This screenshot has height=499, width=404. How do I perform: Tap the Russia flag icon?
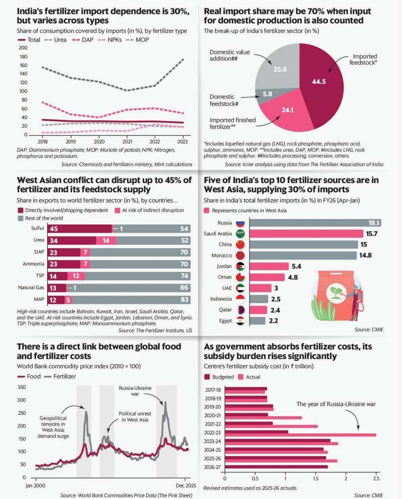pos(240,223)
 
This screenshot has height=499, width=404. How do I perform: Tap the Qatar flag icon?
pos(240,310)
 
